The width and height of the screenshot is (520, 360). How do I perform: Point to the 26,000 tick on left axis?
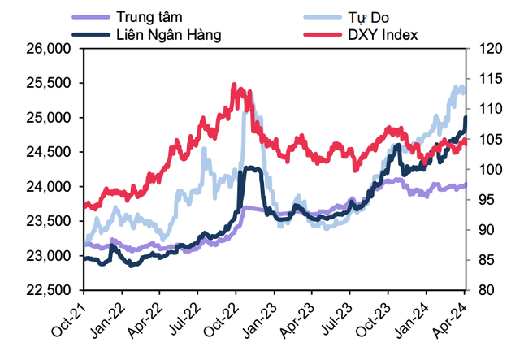[x=51, y=49]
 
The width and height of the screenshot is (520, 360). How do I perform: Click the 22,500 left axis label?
[x=51, y=290]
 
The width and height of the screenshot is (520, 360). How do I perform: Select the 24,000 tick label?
[x=51, y=187]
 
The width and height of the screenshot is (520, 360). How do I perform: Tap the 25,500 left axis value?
[x=51, y=83]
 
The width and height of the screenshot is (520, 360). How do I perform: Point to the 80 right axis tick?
[x=481, y=290]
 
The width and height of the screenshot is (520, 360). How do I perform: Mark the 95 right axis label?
[x=481, y=200]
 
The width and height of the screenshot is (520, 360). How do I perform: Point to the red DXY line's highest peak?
[x=234, y=84]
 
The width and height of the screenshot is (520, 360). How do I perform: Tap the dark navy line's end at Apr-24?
[x=466, y=119]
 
